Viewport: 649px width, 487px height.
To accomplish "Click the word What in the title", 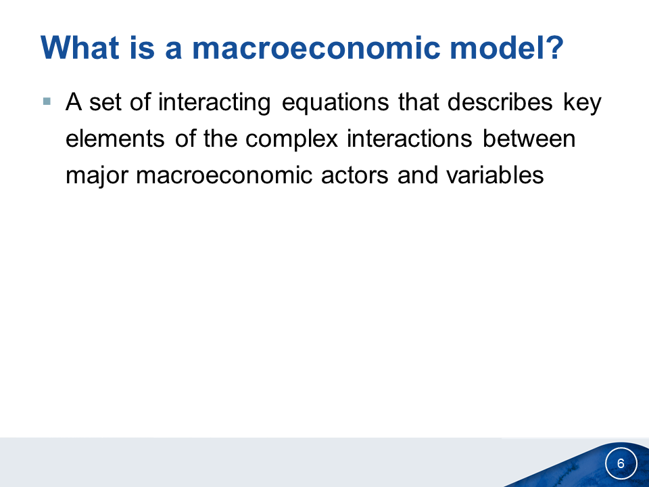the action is pos(80,47).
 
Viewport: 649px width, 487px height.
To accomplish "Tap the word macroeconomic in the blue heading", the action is pos(316,47).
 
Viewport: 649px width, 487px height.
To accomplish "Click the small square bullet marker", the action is pos(47,101).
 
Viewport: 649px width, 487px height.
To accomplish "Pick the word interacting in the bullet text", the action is pos(214,102).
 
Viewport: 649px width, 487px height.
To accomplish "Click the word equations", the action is pos(335,103).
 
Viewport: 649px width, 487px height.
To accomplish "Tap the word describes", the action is pos(500,101).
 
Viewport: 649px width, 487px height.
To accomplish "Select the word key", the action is pos(582,103).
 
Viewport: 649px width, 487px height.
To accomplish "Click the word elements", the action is pos(115,138).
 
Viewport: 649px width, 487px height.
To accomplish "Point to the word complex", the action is pos(292,139).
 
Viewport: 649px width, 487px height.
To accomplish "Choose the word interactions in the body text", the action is pos(410,138).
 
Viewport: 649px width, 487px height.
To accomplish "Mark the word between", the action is pos(529,138).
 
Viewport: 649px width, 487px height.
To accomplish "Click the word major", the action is pos(97,176).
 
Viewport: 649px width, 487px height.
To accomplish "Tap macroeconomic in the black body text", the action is pos(224,175).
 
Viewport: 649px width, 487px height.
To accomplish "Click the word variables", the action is pos(495,175).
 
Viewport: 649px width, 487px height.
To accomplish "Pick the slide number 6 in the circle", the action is pos(621,463).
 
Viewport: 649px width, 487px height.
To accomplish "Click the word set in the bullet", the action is pos(105,102).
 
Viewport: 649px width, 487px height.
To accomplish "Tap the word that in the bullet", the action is pos(418,101).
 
